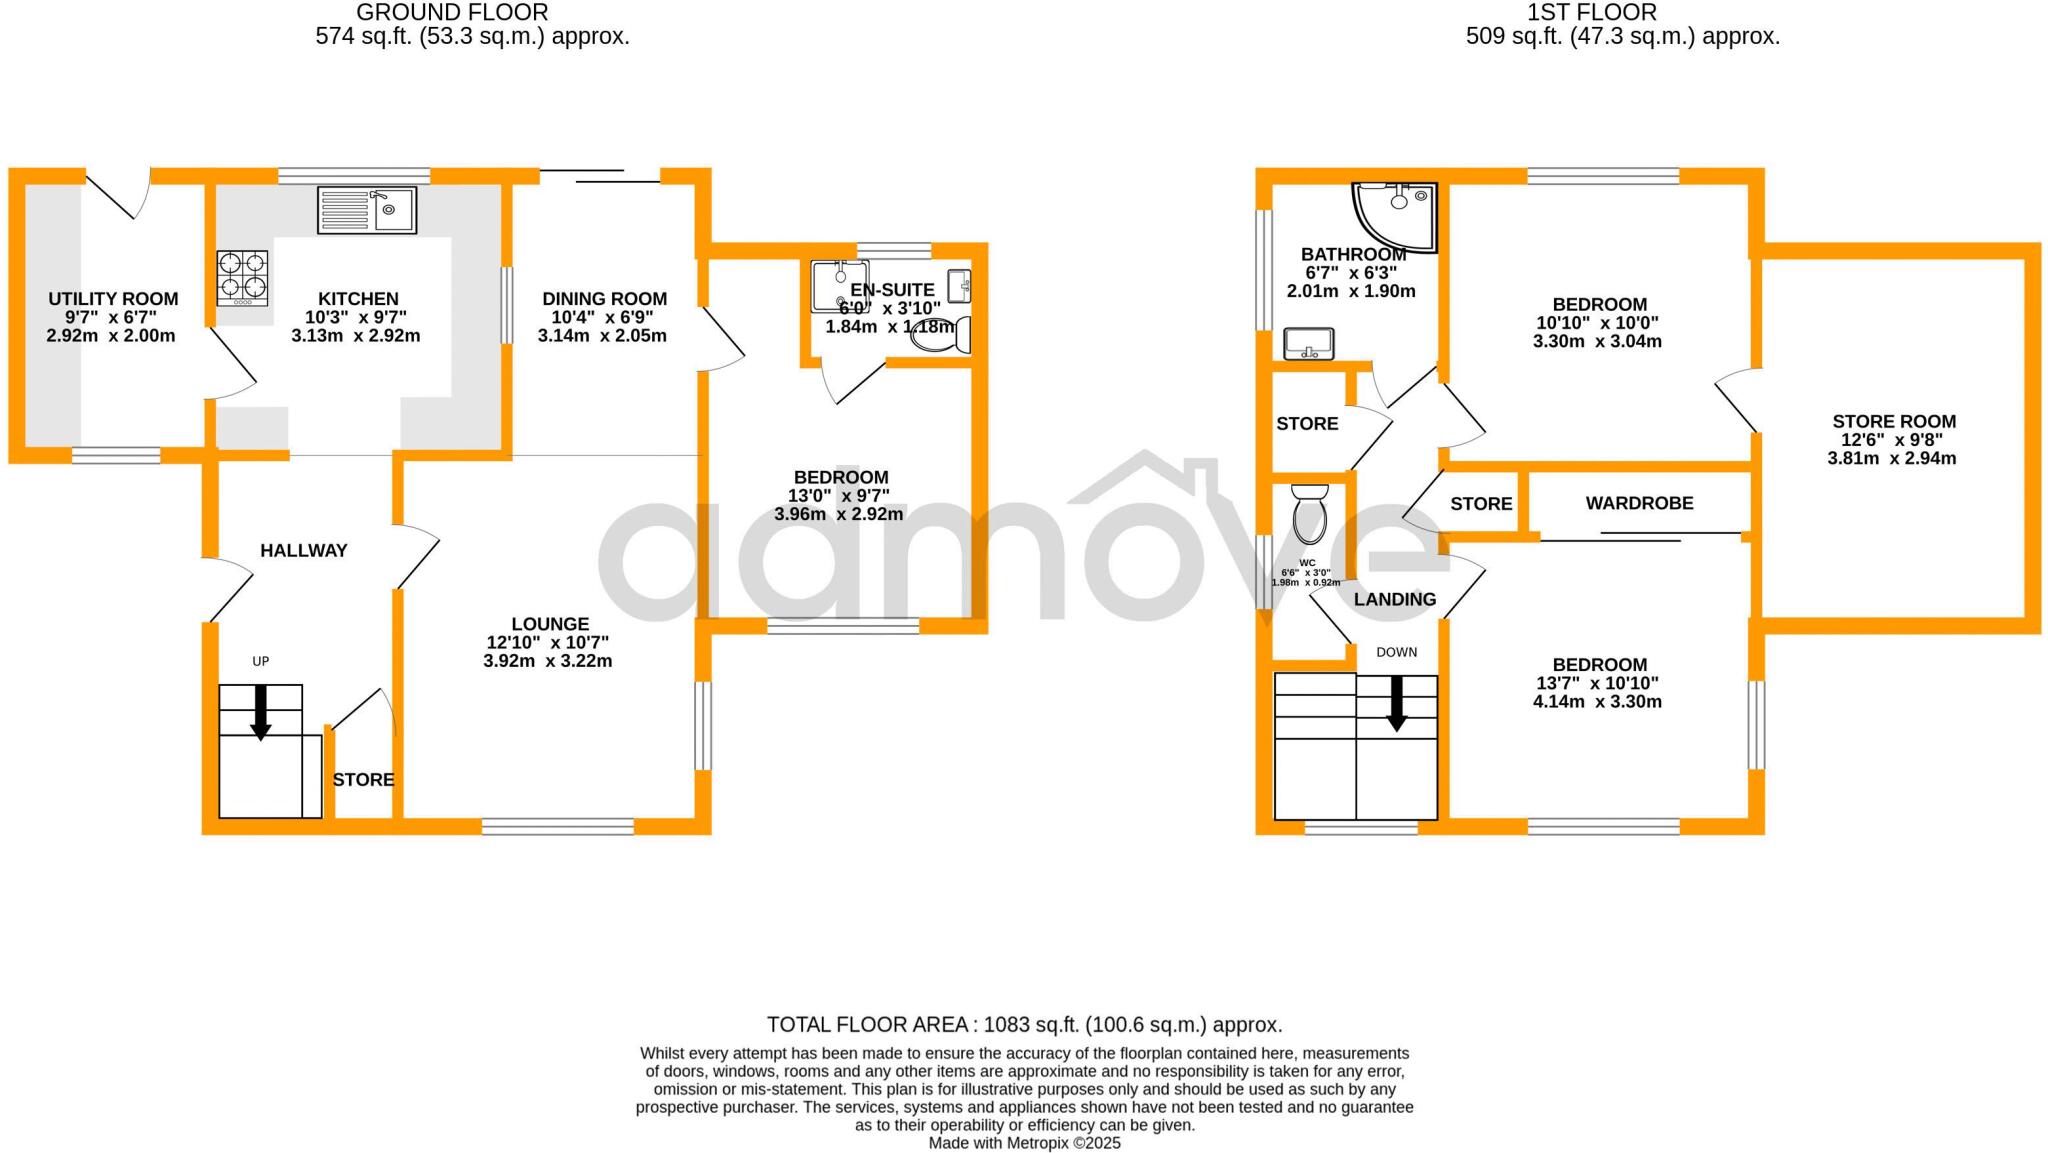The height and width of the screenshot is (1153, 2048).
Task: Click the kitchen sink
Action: [367, 210]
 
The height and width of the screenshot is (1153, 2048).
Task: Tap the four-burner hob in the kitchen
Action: [242, 277]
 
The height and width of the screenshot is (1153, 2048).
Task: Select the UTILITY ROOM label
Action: [113, 299]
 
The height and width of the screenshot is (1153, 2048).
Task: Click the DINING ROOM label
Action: [604, 299]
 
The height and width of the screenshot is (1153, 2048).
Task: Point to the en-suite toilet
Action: [941, 336]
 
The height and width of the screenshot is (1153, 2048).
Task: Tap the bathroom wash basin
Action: [1308, 343]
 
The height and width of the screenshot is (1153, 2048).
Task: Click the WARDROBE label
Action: [1639, 503]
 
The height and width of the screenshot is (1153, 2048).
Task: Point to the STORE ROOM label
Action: [1893, 422]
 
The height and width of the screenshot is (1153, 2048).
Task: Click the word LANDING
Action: [1394, 599]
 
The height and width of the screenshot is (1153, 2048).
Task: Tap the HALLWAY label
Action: [303, 550]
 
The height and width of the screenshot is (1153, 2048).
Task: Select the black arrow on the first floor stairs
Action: [1396, 704]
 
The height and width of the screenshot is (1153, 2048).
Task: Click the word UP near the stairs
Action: [261, 661]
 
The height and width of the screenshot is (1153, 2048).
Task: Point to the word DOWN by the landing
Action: [1396, 652]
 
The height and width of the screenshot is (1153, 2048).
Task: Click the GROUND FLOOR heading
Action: [452, 13]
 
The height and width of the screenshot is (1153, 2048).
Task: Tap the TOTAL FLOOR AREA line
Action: [1024, 1025]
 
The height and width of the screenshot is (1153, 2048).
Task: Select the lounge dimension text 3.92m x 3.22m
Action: [547, 661]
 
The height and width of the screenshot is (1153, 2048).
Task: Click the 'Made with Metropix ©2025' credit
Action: [1024, 1143]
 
